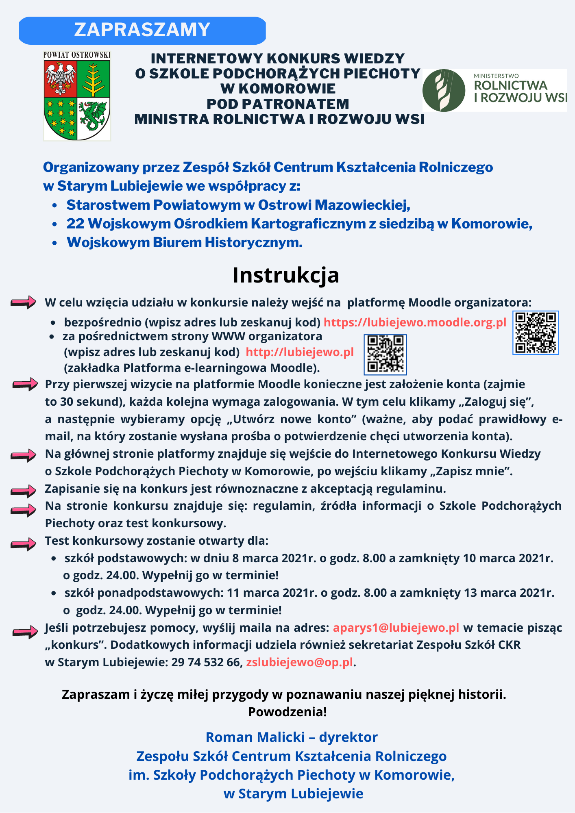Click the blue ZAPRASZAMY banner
[x=142, y=30]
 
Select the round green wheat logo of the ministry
[x=444, y=90]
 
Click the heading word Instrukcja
[x=286, y=275]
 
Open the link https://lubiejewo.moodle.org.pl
[x=415, y=322]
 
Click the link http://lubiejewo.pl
[x=300, y=352]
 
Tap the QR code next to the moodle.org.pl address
[x=535, y=333]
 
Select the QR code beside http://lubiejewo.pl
[x=385, y=354]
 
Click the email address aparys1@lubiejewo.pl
[x=396, y=628]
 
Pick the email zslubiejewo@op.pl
[x=300, y=662]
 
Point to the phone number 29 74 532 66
[x=207, y=662]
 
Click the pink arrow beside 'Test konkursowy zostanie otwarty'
[x=24, y=543]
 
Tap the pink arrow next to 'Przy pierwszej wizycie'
[x=25, y=384]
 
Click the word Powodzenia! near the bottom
[x=287, y=712]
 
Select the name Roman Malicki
[x=255, y=737]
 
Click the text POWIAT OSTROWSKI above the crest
[x=77, y=54]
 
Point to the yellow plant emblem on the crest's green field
[x=94, y=78]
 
